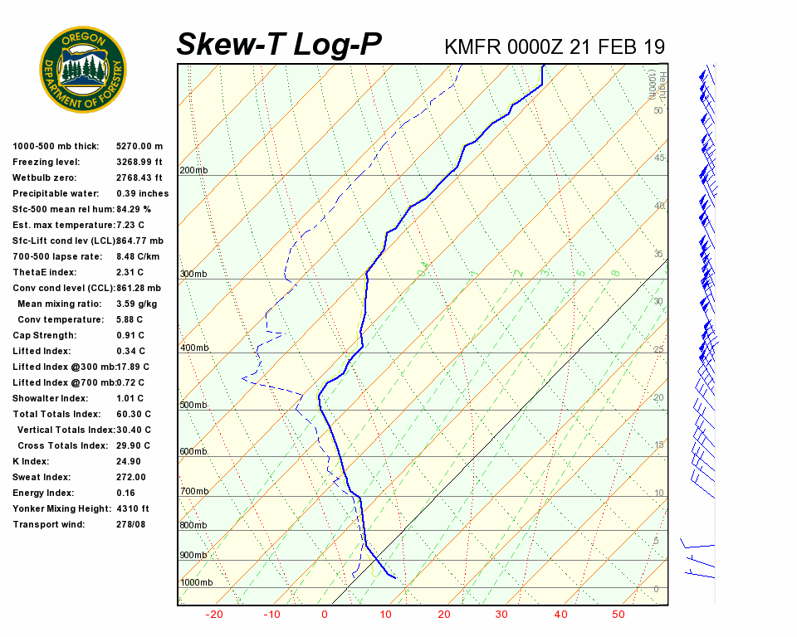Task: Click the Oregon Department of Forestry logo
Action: [x=83, y=70]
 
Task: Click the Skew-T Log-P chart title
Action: [x=279, y=45]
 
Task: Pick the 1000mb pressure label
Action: [x=196, y=582]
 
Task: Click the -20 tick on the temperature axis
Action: [x=215, y=615]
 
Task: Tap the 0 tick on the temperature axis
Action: [x=325, y=615]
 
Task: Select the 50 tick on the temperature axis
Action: [x=619, y=615]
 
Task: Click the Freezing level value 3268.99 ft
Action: [x=139, y=162]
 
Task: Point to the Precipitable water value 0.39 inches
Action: [x=142, y=193]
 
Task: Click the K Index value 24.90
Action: [x=129, y=461]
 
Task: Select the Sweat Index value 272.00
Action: [x=131, y=477]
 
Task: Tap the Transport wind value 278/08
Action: [x=130, y=524]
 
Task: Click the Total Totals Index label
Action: [x=55, y=414]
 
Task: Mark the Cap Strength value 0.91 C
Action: [x=131, y=335]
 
